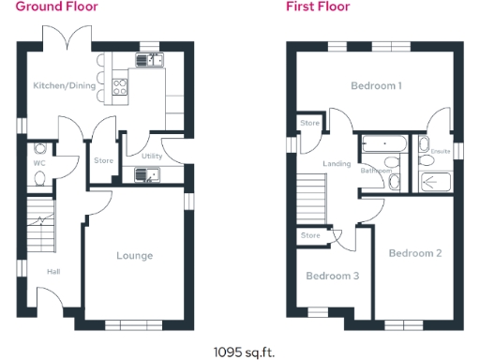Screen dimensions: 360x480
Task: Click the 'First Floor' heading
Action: click(x=319, y=7)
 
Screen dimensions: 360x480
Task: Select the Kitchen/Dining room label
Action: click(x=61, y=85)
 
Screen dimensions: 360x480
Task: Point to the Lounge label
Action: click(x=134, y=255)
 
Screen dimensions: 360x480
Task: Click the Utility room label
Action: click(x=153, y=156)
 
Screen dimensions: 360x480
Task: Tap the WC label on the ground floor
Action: click(x=39, y=163)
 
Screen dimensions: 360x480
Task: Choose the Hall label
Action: click(x=53, y=273)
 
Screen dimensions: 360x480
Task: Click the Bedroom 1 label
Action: click(x=376, y=86)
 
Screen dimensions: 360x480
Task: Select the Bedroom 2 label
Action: click(x=414, y=253)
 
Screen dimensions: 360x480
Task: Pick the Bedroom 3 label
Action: click(x=332, y=276)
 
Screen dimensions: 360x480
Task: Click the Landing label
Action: click(x=337, y=164)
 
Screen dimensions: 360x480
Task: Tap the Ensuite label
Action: click(x=441, y=151)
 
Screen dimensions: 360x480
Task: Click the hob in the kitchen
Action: click(x=121, y=87)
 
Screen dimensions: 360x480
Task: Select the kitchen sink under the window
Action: click(x=147, y=60)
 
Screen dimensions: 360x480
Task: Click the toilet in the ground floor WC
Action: click(x=39, y=148)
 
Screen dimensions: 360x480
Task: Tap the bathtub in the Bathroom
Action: click(x=382, y=145)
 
